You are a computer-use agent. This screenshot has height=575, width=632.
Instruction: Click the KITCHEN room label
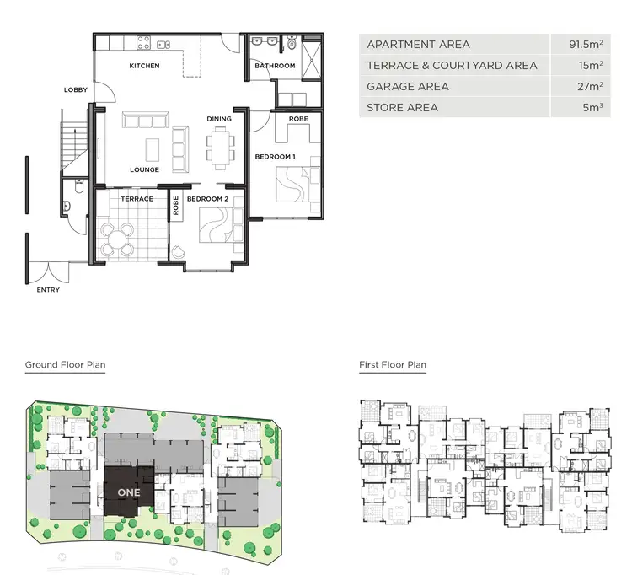click(x=144, y=66)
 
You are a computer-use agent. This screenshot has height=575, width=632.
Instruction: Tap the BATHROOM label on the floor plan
click(x=276, y=66)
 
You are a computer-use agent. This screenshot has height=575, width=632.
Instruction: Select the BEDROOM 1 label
click(x=276, y=157)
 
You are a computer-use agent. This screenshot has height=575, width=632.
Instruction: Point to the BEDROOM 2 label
click(x=207, y=199)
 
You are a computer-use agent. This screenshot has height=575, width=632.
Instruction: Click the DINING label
click(x=219, y=119)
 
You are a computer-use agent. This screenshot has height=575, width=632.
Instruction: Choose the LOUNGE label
click(x=144, y=169)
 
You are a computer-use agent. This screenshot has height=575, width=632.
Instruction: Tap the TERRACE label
click(x=137, y=199)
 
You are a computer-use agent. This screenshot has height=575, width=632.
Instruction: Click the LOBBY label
click(x=76, y=89)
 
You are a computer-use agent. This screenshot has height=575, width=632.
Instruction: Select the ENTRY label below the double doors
click(x=48, y=289)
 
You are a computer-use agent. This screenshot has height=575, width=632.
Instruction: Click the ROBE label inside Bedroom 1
click(x=298, y=119)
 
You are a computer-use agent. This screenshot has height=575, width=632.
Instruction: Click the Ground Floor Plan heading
click(x=65, y=365)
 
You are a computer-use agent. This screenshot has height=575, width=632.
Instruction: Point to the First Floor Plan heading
click(x=393, y=365)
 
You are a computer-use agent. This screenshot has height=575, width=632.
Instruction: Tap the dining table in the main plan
click(x=221, y=148)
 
